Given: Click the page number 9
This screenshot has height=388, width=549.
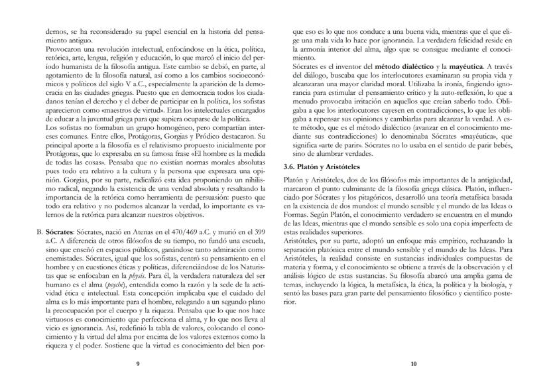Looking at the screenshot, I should point(137,364).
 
